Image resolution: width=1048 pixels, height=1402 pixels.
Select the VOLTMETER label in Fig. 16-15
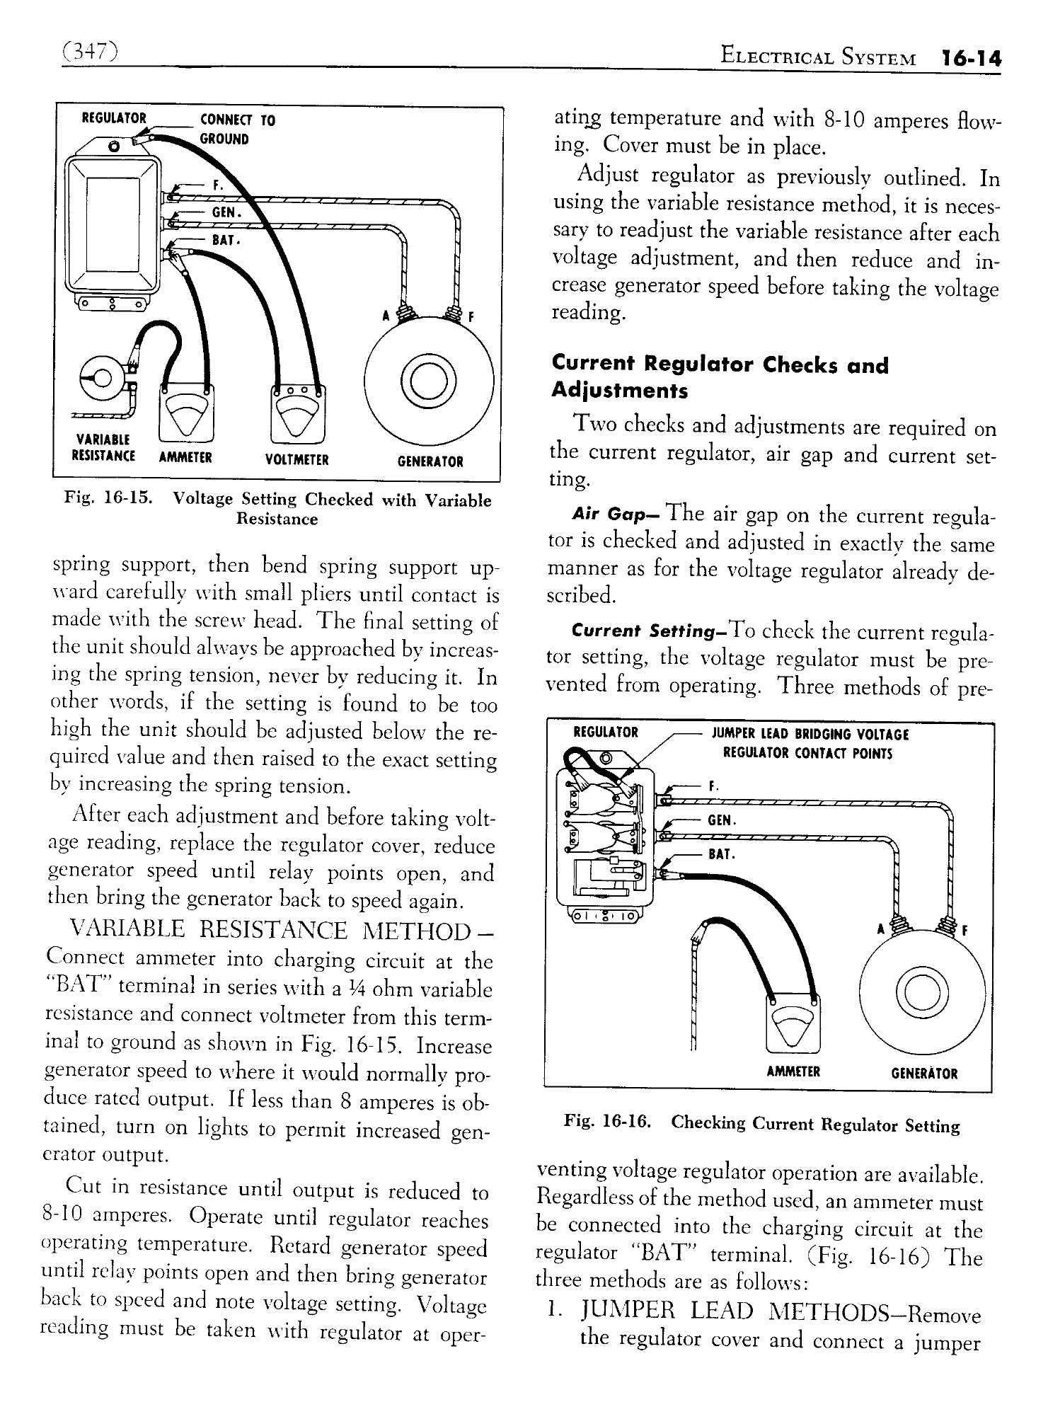pyautogui.click(x=296, y=461)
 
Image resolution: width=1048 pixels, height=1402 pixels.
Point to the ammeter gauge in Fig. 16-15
pyautogui.click(x=187, y=413)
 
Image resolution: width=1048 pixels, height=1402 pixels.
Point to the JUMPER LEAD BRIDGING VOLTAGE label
pyautogui.click(x=810, y=735)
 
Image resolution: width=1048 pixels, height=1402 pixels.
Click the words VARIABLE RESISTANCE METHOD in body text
pyautogui.click(x=269, y=930)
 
